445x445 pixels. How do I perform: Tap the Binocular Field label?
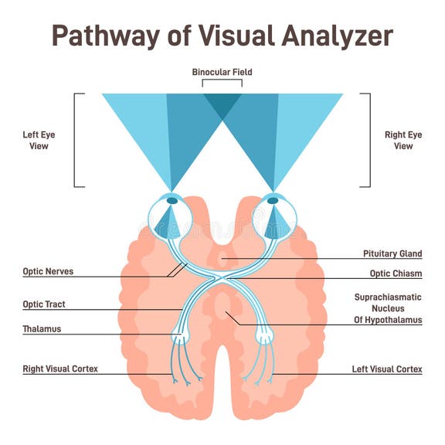(222, 73)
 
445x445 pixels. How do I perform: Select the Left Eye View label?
(39, 141)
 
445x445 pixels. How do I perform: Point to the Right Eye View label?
(403, 141)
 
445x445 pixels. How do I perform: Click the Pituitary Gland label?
(392, 253)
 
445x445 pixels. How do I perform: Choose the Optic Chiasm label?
(396, 273)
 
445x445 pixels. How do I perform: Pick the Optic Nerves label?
(48, 271)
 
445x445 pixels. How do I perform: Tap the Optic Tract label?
(44, 304)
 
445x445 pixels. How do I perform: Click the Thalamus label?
(42, 329)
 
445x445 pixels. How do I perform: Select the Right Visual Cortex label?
(60, 369)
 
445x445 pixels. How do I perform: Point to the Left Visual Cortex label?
(387, 369)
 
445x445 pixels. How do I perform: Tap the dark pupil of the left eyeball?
(172, 201)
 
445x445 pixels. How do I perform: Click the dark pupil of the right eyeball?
(273, 201)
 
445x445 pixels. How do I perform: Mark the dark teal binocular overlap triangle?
(222, 103)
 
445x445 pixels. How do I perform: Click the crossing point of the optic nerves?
(222, 276)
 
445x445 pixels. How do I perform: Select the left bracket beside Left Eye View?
(76, 141)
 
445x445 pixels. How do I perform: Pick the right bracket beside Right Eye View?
(369, 141)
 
